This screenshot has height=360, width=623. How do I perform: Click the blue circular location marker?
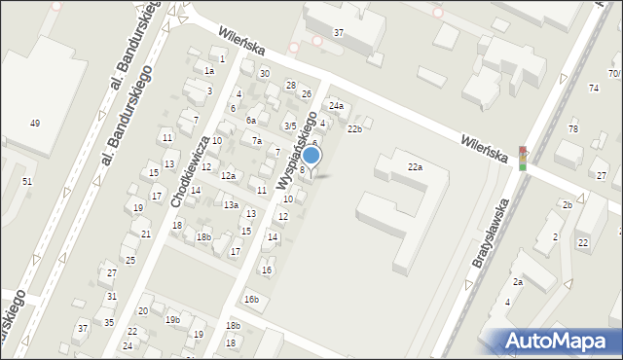tap(311, 155)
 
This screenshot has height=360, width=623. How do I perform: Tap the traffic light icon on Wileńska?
tap(523, 159)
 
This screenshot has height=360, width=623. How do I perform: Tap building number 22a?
tap(415, 167)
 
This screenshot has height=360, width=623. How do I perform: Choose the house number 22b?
tap(355, 128)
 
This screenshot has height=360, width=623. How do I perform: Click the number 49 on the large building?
tap(35, 123)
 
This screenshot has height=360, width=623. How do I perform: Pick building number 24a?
tap(336, 105)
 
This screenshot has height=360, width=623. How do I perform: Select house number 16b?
tap(251, 299)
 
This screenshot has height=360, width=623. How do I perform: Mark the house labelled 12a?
tap(228, 175)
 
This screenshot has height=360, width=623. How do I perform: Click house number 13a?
tap(231, 205)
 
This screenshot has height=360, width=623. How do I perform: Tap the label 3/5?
tap(289, 126)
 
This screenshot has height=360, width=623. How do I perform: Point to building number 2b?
tap(567, 204)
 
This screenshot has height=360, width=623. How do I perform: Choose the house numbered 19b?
tap(172, 319)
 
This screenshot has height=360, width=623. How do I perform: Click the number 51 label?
tap(27, 182)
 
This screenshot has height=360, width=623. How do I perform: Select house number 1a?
tap(208, 70)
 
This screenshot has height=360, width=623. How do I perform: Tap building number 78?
tap(573, 129)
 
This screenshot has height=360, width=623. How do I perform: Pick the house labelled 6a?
tap(250, 120)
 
